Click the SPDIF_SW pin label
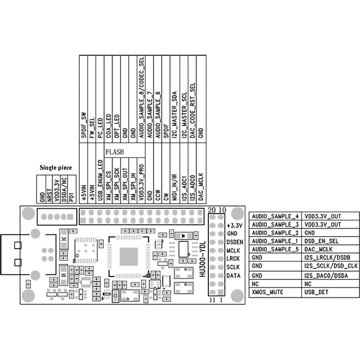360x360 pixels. [x=84, y=125]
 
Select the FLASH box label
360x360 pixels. [x=115, y=152]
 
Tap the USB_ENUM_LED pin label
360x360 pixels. [x=100, y=180]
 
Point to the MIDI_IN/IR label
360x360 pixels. [x=175, y=187]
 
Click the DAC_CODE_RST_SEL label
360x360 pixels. [x=193, y=110]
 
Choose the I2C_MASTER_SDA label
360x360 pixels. [x=175, y=115]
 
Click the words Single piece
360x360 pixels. [x=55, y=167]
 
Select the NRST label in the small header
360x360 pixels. [x=49, y=195]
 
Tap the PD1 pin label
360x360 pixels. [x=72, y=197]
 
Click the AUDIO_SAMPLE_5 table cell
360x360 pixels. [x=275, y=249]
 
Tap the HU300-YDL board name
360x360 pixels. [x=202, y=259]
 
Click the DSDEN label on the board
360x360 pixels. [x=234, y=242]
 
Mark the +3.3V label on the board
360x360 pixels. [x=234, y=225]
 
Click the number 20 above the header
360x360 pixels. [x=211, y=210]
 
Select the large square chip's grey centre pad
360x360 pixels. [x=129, y=256]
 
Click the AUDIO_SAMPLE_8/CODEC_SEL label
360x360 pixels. [x=141, y=97]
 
